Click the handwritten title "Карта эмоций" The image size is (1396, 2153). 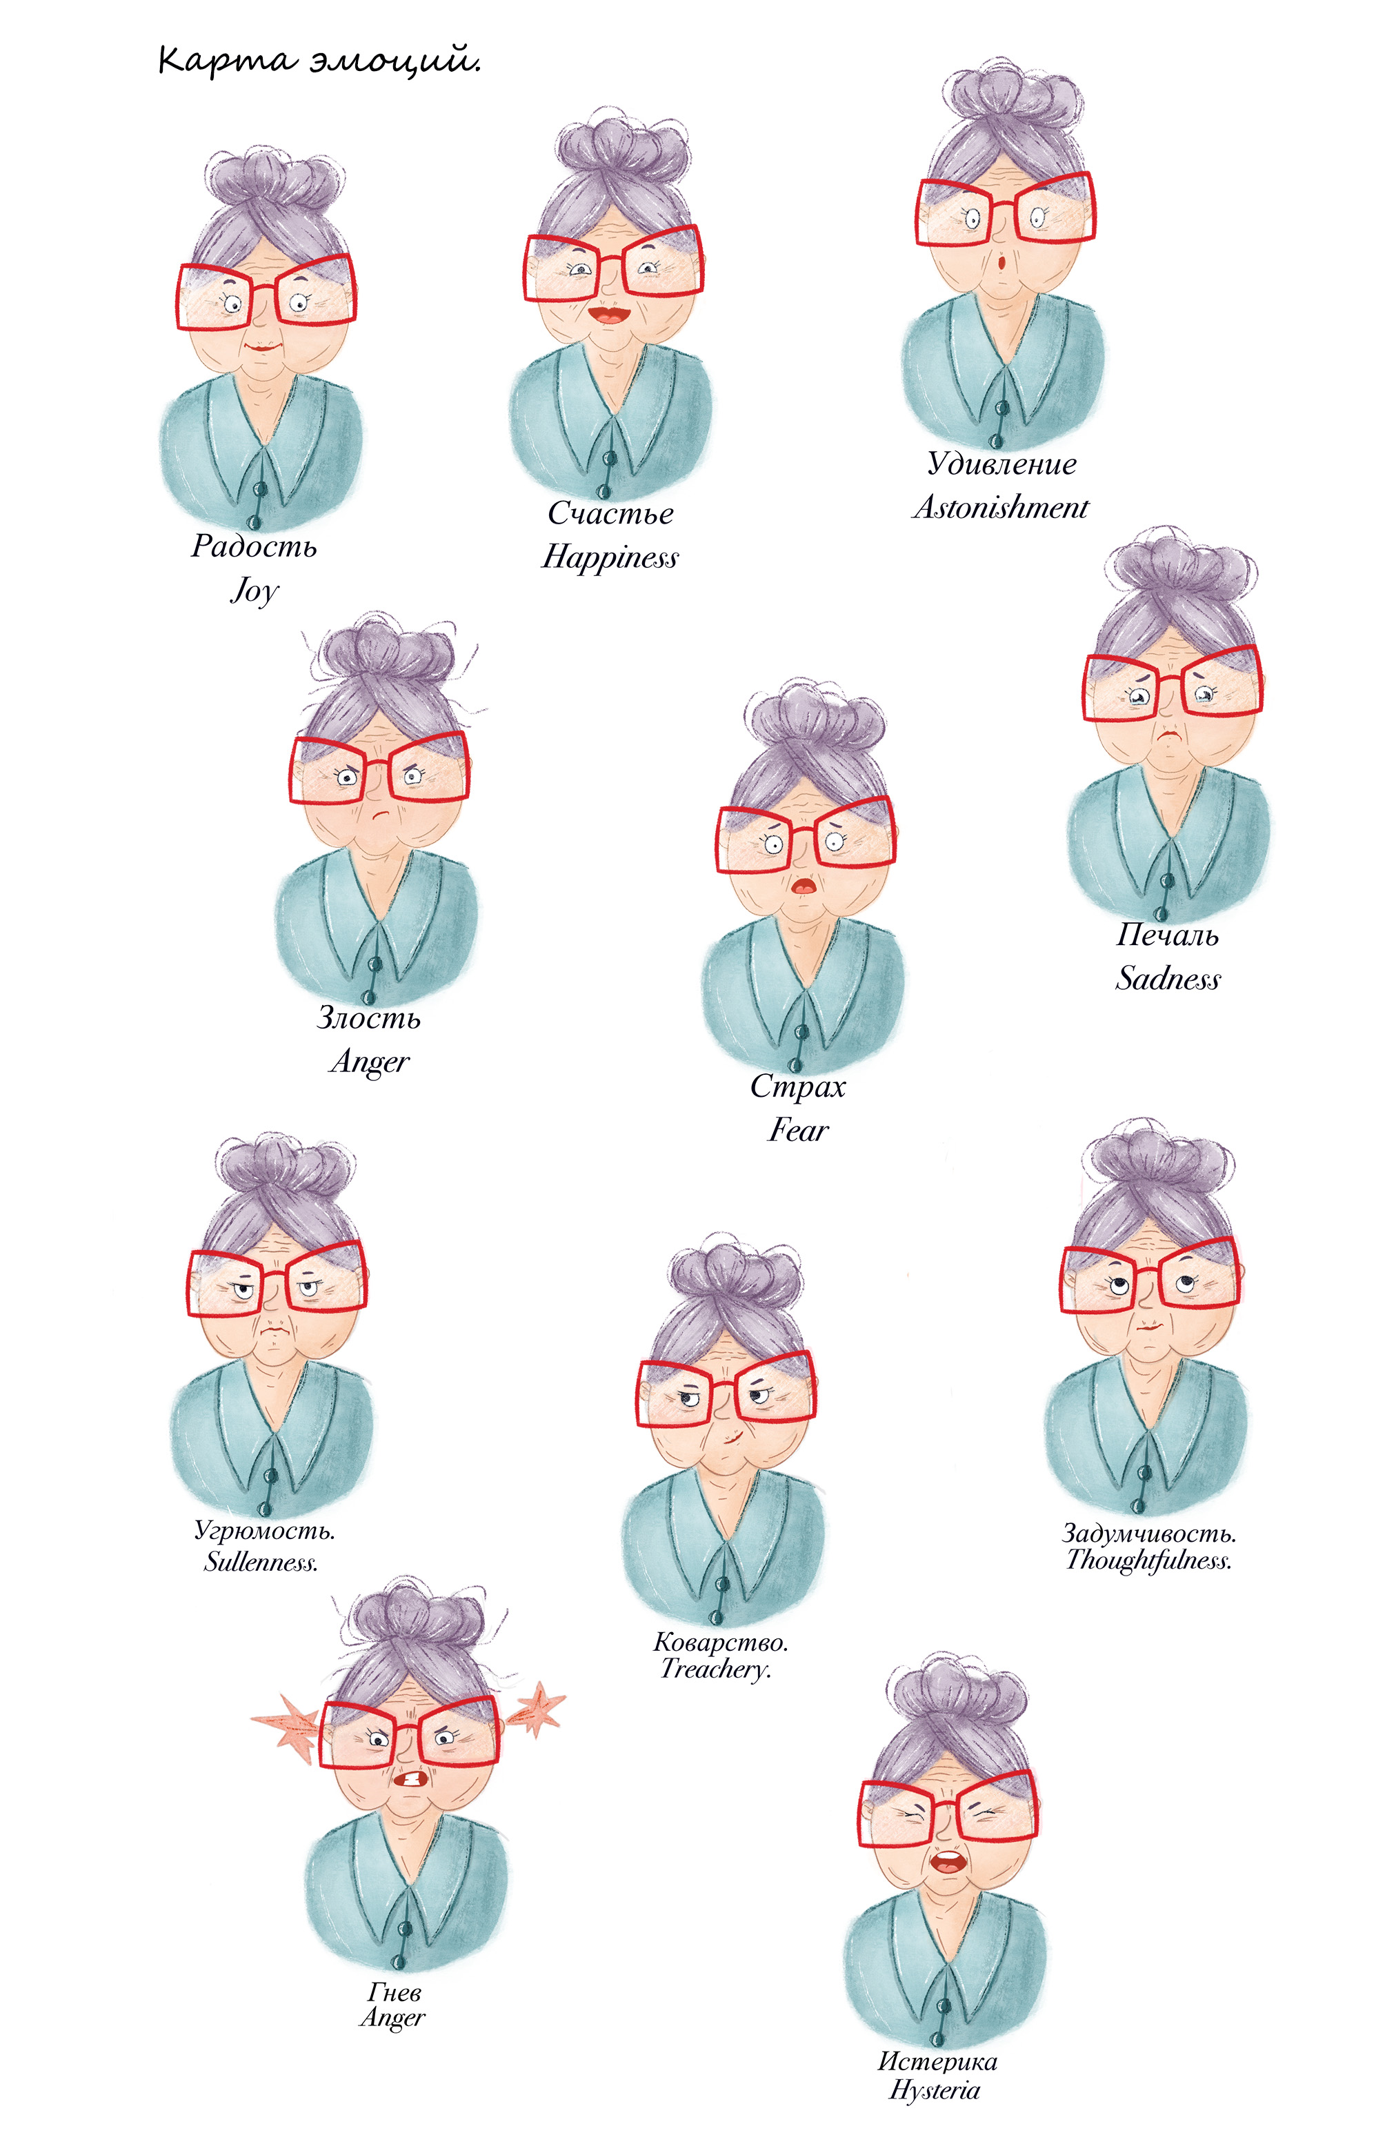(x=319, y=61)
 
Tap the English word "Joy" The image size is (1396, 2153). (x=255, y=590)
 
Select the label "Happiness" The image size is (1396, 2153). (x=609, y=557)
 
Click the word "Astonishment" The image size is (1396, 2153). (x=999, y=508)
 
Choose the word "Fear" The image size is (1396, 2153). (x=798, y=1129)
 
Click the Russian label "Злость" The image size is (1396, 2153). (x=368, y=1018)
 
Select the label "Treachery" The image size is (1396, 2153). (x=715, y=1668)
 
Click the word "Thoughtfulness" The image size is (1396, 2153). (x=1148, y=1560)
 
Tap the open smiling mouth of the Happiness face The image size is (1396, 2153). (x=609, y=314)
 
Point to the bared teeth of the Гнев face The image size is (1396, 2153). (x=412, y=1778)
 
